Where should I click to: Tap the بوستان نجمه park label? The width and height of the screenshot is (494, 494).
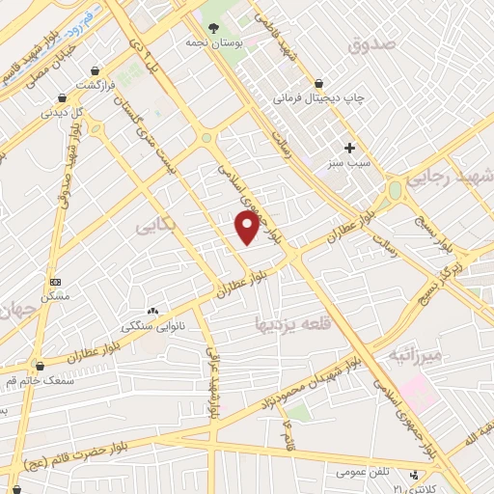(212, 43)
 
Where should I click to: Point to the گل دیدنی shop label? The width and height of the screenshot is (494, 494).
(61, 112)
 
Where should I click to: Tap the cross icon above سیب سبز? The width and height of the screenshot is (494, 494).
(349, 148)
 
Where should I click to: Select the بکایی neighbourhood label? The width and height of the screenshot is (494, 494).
(156, 225)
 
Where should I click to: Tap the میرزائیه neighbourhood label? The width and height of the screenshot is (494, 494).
(414, 355)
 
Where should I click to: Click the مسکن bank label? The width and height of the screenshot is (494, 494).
(55, 296)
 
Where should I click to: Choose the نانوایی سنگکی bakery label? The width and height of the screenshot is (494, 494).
(151, 326)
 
